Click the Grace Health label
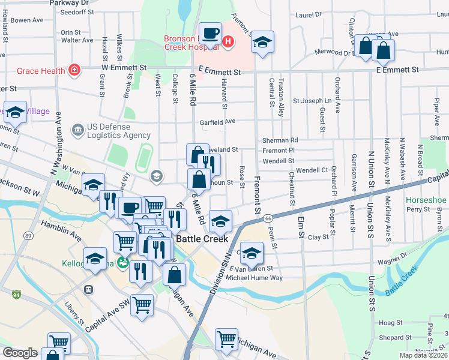pos(40,71)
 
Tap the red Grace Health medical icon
pos(74,71)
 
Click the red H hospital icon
pos(228,41)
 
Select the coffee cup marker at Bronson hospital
pos(210,33)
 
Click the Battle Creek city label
pos(202,239)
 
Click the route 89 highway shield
pos(29,236)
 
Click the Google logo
pos(20,353)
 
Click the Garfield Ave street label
pos(217,121)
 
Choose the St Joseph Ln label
pos(312,101)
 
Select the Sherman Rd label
pos(280,140)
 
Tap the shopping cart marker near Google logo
pos(59,343)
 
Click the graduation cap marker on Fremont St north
pos(262,43)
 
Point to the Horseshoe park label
pos(426,200)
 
